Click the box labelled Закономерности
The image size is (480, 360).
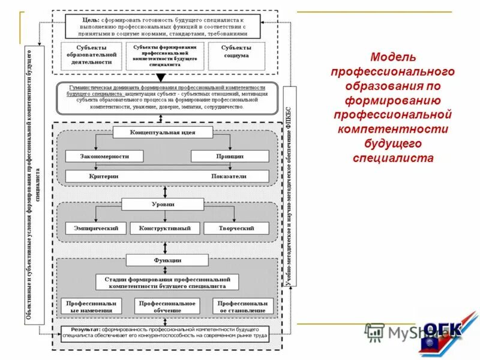point(105,156)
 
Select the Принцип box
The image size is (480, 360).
point(230,156)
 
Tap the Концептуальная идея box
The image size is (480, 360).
point(163,132)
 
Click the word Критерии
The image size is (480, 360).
point(103,176)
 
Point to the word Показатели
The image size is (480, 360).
point(229,176)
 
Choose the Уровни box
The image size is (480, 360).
point(163,204)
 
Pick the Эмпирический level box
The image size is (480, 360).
point(96,228)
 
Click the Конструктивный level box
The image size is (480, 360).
point(164,228)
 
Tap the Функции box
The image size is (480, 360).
point(167,260)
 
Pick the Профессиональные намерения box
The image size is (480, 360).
point(91,307)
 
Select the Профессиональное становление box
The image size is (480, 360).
point(242,307)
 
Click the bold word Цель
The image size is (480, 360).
point(90,19)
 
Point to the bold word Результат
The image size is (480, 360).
point(82,330)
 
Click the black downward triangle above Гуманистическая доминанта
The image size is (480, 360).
point(160,77)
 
